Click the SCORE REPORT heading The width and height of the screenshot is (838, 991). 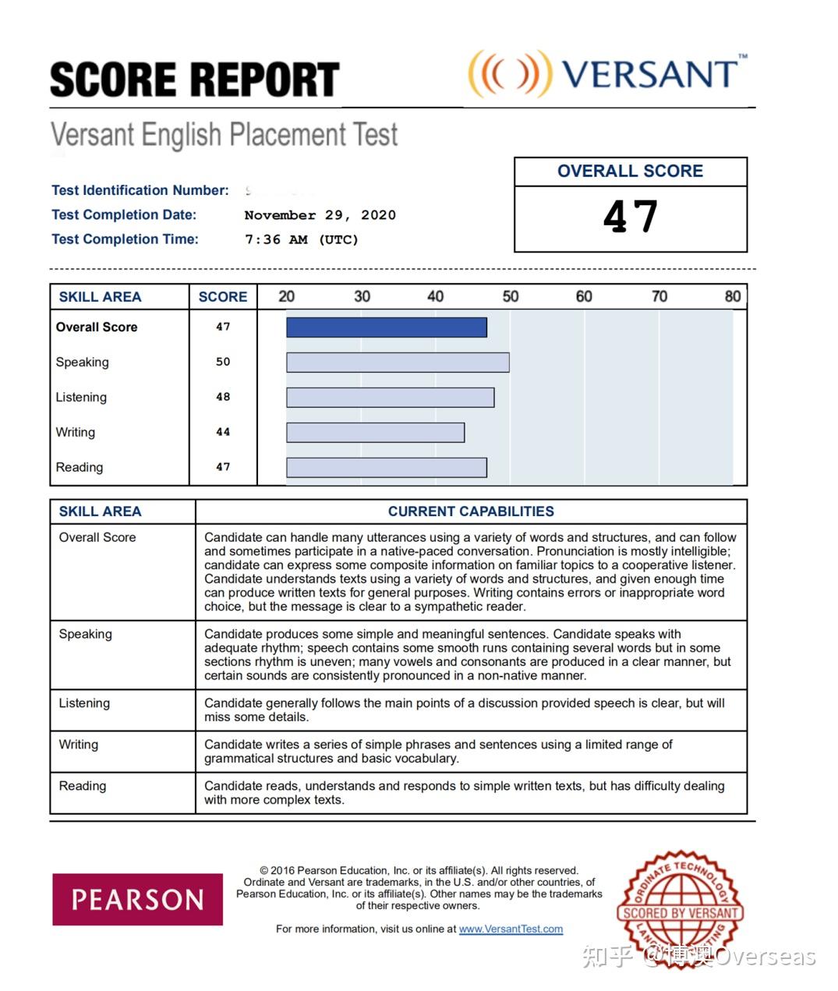pos(194,80)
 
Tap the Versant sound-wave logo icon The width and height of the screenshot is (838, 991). pos(509,74)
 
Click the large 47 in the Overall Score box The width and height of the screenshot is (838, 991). pos(631,217)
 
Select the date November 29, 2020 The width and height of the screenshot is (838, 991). pos(320,215)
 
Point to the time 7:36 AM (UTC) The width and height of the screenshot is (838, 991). pos(301,239)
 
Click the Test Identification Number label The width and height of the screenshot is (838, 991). pos(140,190)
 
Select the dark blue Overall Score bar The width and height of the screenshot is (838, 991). pos(387,327)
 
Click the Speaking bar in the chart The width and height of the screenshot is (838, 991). pos(398,363)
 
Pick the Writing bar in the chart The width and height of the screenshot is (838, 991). pos(376,433)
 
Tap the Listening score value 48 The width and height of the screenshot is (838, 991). pos(223,397)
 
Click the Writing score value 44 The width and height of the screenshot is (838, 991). pos(223,432)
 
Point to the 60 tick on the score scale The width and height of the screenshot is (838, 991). pos(584,296)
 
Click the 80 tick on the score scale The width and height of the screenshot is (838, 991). pos(732,296)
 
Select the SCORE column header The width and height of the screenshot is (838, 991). pos(223,297)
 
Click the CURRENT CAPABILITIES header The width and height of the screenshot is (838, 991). pos(471,511)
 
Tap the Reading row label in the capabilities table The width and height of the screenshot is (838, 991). pos(83,786)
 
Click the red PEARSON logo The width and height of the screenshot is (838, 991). pos(138,900)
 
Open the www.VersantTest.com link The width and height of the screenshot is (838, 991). pos(511,929)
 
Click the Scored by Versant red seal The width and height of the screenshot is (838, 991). pos(681,911)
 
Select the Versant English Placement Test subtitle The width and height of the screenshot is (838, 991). pos(225,135)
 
